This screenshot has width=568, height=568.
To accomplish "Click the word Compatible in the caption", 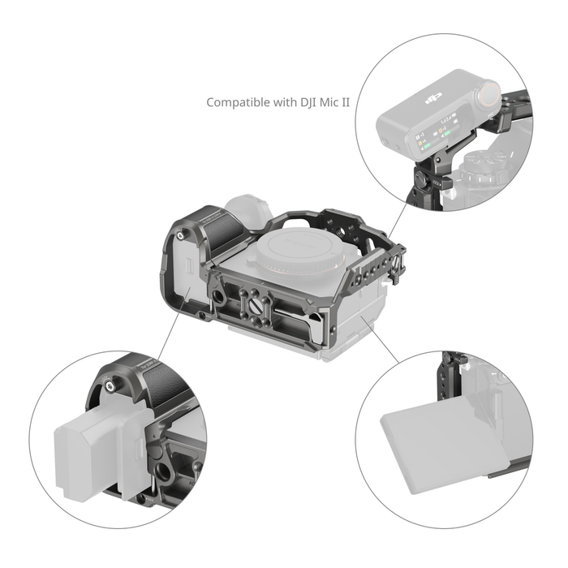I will [x=234, y=103].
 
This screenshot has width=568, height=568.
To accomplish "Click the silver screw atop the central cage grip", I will [x=179, y=235].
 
